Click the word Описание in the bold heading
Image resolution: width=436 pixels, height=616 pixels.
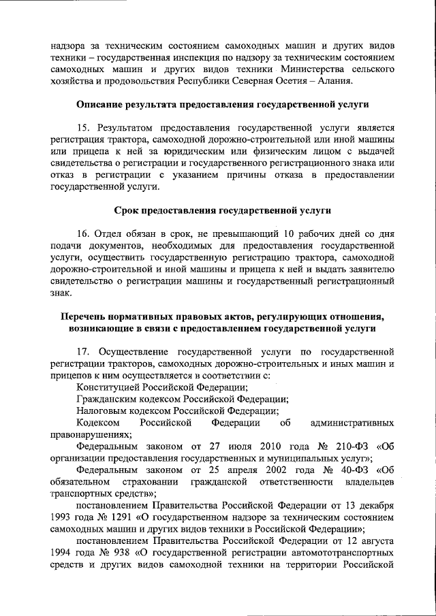pyautogui.click(x=103, y=106)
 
